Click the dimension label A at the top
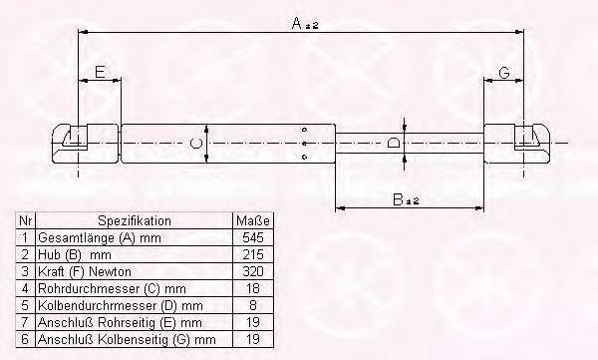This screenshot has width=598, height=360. tap(297, 23)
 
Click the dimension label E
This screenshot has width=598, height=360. tap(100, 72)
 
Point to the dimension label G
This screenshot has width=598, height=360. tap(504, 72)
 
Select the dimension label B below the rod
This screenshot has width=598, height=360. tap(398, 199)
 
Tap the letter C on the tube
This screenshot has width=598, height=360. tap(196, 144)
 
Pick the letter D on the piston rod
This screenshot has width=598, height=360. tap(394, 144)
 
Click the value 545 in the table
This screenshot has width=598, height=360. tap(253, 237)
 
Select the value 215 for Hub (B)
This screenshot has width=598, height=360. tap(253, 254)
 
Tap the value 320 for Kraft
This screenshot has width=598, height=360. tap(253, 271)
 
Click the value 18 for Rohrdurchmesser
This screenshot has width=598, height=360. tap(253, 288)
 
